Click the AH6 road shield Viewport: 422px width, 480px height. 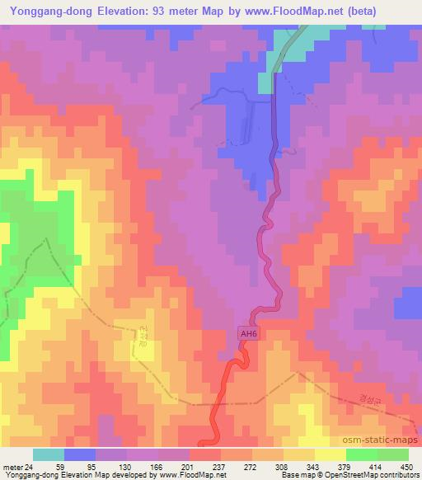pos(248,333)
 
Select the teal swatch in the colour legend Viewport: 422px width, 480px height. pos(48,454)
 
